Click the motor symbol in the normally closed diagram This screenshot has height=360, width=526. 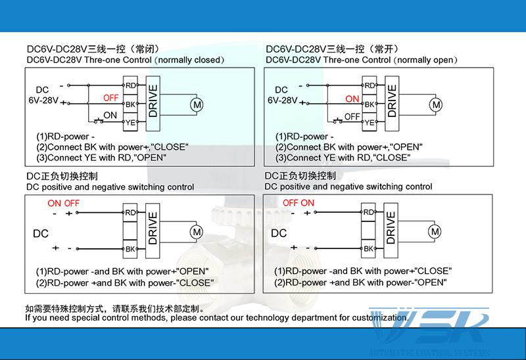point(196,103)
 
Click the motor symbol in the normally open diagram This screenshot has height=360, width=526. point(435,103)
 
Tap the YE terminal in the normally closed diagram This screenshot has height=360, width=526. point(130,122)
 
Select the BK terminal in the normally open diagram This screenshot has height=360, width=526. point(369,104)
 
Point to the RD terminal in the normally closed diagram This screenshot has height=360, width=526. point(130,85)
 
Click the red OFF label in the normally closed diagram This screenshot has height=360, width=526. point(111,98)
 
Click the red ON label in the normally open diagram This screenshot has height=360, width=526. point(352,99)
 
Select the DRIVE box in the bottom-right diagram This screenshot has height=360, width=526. point(391,230)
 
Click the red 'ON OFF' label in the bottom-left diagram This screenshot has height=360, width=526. point(63,203)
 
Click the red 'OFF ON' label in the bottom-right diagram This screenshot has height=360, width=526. point(299,203)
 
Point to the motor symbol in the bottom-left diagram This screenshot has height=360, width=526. point(196,231)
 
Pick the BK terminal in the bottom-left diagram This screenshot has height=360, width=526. point(130,249)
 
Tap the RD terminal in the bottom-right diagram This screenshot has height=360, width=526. point(369,212)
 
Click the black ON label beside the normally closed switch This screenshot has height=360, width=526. point(110,114)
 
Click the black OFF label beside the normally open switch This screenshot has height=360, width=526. point(352,116)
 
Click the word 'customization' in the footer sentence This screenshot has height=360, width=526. point(375,318)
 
